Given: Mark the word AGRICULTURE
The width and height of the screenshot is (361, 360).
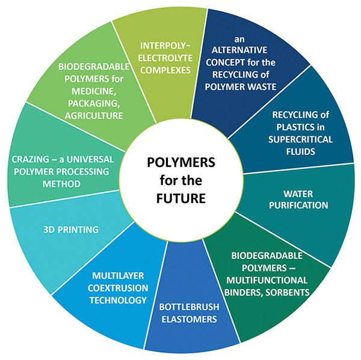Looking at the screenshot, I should pos(94,115).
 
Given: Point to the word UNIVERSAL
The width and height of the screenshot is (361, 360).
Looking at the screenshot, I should pos(88,159).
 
